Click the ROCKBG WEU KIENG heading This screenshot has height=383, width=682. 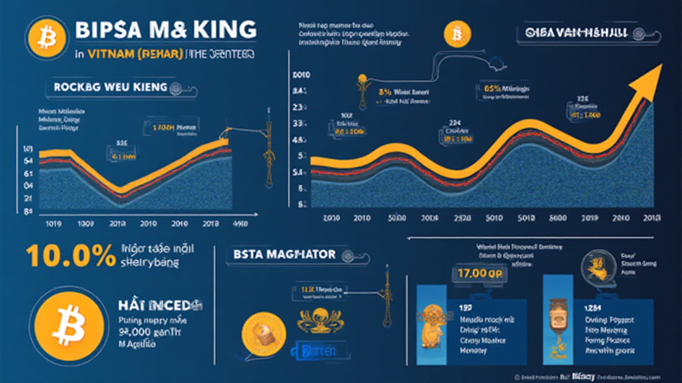click(x=106, y=87)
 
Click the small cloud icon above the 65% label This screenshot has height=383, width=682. click(x=498, y=65)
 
